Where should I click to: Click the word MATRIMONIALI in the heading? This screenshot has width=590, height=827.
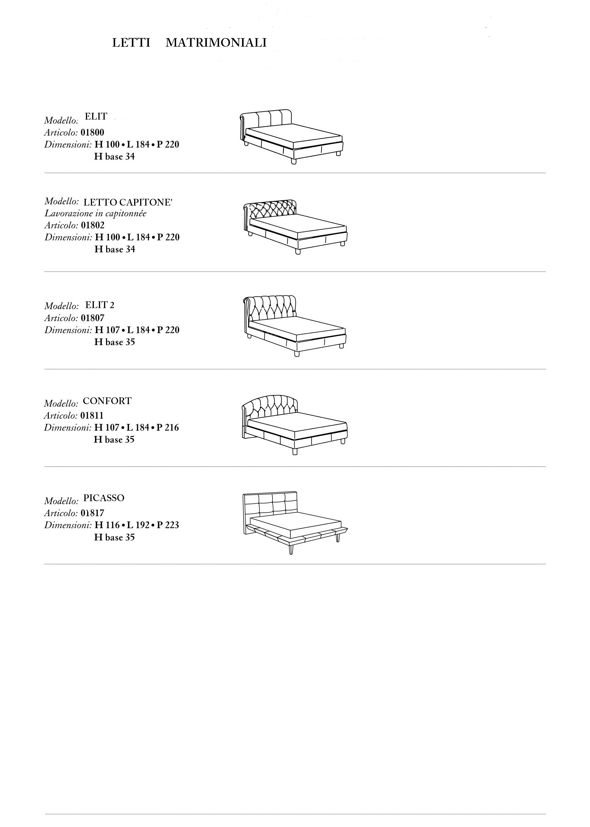(x=216, y=43)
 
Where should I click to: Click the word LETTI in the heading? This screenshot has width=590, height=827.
(x=131, y=43)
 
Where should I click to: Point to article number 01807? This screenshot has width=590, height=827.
(x=93, y=318)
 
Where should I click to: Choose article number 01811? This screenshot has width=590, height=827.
(x=92, y=415)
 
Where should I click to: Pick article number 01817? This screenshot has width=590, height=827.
(x=92, y=513)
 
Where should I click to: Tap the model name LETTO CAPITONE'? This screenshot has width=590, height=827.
(x=128, y=202)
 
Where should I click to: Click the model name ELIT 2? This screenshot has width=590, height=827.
(x=100, y=305)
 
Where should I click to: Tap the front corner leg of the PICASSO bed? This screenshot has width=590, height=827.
(x=291, y=548)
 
